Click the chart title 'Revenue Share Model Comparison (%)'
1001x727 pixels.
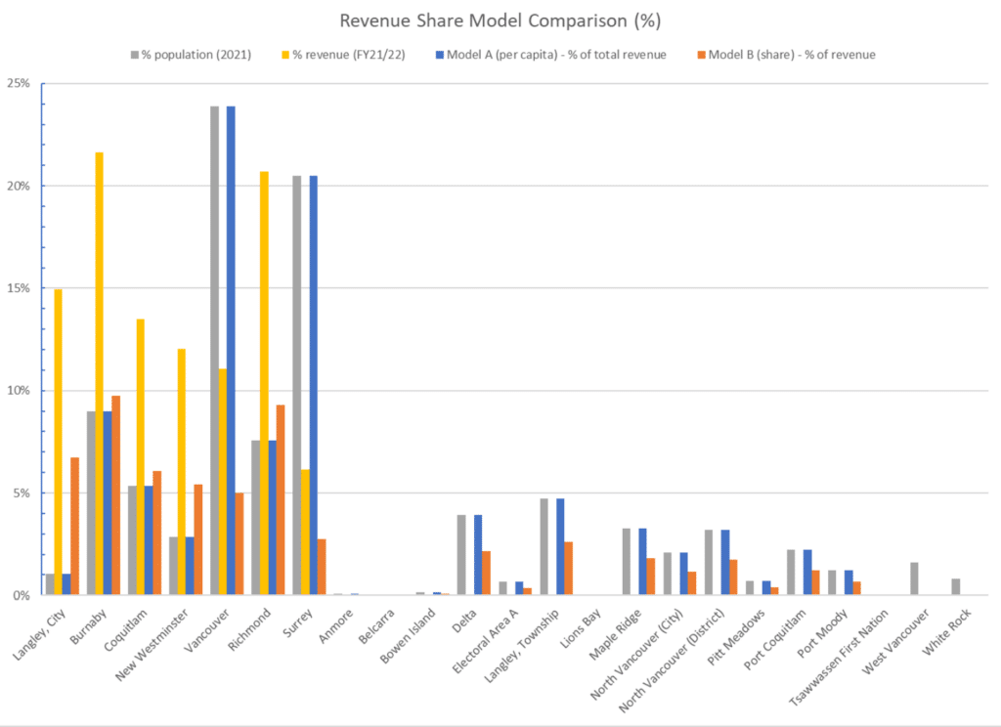[500, 21]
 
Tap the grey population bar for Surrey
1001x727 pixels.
[297, 385]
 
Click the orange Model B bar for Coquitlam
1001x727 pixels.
[156, 533]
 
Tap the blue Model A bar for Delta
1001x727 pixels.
[478, 554]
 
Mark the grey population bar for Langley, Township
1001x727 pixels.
[544, 546]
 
